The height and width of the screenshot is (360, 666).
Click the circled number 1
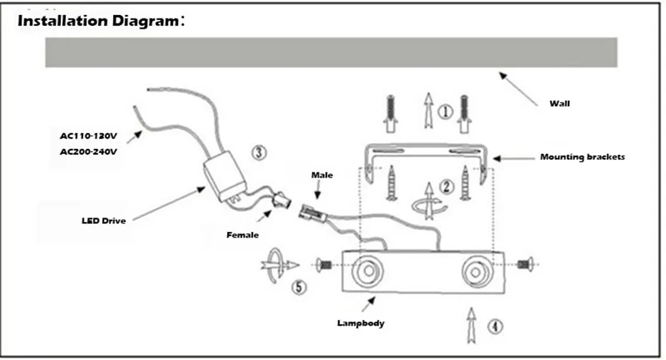445,112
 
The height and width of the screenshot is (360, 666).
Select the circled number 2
446,186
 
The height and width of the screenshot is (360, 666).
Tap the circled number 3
259,152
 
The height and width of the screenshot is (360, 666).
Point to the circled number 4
494,326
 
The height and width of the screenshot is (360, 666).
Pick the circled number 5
299,288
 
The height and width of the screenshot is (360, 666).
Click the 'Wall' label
559,104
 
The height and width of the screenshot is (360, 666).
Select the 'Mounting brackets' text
582,157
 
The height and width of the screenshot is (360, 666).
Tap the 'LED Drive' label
104,220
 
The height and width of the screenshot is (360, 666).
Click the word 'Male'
322,175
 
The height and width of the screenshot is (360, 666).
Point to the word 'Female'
243,235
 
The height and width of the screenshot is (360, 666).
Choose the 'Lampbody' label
361,323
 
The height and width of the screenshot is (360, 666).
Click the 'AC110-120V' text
88,136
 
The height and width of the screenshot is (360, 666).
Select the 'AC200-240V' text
88,152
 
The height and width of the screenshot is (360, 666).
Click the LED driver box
224,175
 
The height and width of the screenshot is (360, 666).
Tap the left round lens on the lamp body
367,271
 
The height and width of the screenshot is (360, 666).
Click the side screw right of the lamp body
526,265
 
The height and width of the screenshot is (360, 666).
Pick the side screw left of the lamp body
324,265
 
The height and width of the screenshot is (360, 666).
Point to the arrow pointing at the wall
518,89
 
